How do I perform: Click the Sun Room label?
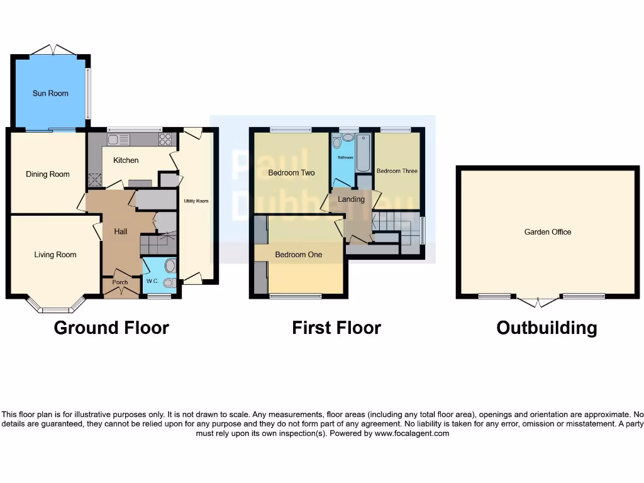[x=50, y=93]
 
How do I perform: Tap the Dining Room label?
[x=47, y=174]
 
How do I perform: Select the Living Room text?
[x=55, y=255]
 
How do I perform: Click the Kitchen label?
[x=126, y=160]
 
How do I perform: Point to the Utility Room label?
[x=196, y=201]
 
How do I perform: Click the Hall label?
[x=120, y=231]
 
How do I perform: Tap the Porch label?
[x=119, y=282]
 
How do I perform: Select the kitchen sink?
[x=118, y=140]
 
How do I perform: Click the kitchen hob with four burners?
[x=165, y=140]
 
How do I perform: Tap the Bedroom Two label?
[x=291, y=172]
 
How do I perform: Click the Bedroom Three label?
[x=397, y=171]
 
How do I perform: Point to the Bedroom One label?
[x=298, y=255]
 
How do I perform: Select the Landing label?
[x=351, y=199]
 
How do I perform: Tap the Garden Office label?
[x=548, y=232]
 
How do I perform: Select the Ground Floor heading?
[x=111, y=328]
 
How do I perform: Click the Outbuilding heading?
[x=547, y=328]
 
